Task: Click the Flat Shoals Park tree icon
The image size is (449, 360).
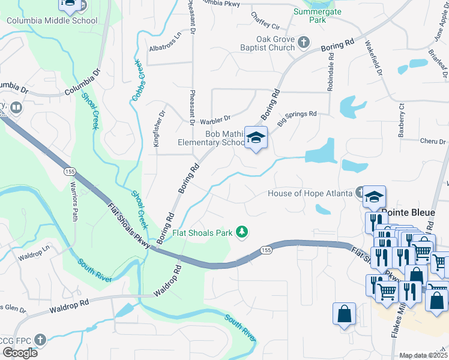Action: point(243,232)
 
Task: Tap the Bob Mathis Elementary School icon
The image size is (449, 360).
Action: point(256,139)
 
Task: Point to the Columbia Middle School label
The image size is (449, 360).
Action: point(52,20)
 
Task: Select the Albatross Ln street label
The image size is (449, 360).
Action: point(164,47)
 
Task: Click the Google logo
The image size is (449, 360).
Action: point(20,353)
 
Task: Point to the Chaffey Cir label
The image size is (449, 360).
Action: point(265,20)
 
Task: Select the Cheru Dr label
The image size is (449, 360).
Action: point(433,141)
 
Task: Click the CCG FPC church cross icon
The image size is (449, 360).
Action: point(40,339)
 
